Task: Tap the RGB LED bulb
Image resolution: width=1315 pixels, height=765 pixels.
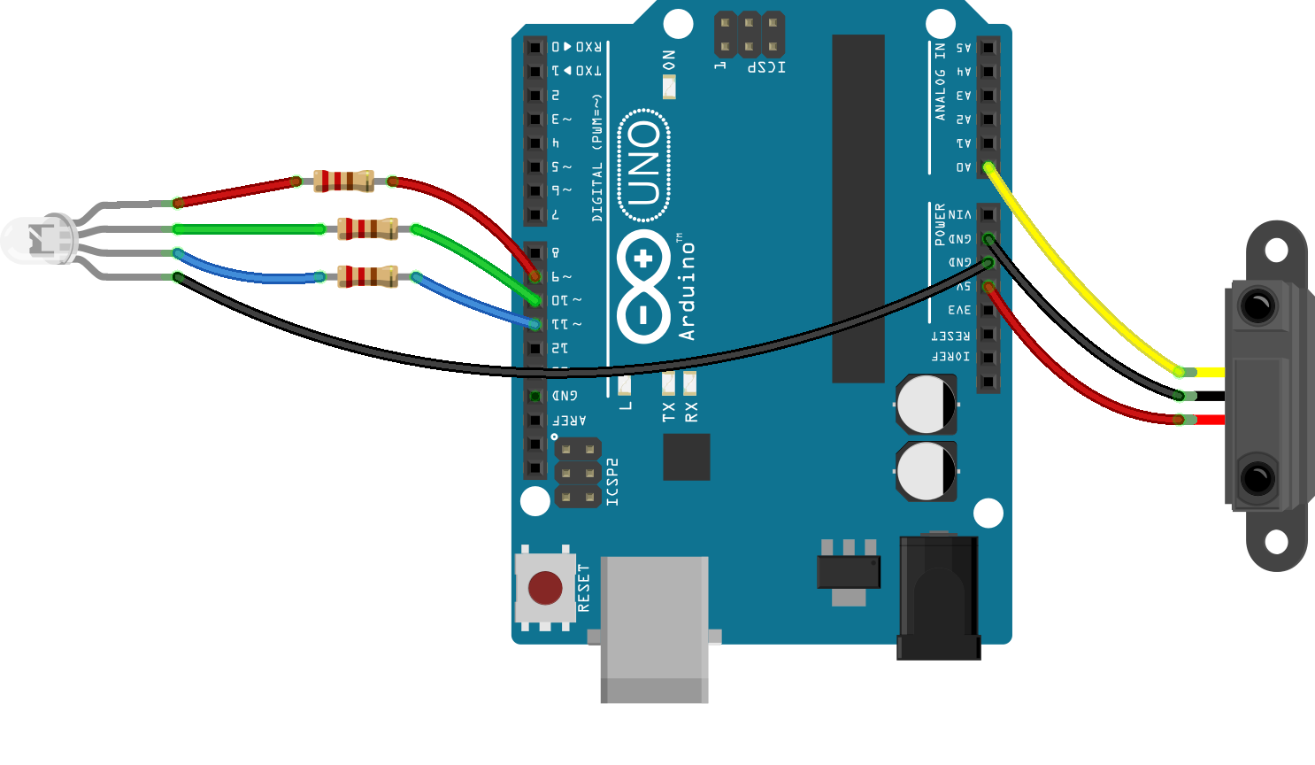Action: pyautogui.click(x=37, y=239)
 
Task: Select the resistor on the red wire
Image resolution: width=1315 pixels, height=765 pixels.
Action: pyautogui.click(x=343, y=182)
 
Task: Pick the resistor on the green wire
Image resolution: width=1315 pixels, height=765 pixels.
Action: pyautogui.click(x=367, y=229)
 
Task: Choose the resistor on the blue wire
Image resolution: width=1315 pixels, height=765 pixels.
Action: pyautogui.click(x=367, y=276)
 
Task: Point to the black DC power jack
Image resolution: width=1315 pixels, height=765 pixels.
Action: pyautogui.click(x=939, y=598)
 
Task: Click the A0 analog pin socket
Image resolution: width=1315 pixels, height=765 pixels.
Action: pyautogui.click(x=988, y=166)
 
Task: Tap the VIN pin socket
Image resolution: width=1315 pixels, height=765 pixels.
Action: pyautogui.click(x=988, y=214)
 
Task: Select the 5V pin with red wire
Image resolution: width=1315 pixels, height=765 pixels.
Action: pyautogui.click(x=988, y=286)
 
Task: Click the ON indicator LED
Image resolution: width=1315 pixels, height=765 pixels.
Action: pyautogui.click(x=669, y=87)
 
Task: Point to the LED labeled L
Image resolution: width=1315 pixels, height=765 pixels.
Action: pyautogui.click(x=625, y=384)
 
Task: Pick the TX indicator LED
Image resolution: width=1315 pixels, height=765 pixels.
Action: pyautogui.click(x=668, y=383)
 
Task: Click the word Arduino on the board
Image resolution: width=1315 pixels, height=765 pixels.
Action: pyautogui.click(x=687, y=291)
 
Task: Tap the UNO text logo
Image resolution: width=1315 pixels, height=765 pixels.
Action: pyautogui.click(x=644, y=164)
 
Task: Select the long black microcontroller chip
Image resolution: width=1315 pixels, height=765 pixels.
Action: pyautogui.click(x=857, y=208)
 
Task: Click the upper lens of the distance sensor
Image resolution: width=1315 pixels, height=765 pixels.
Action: pyautogui.click(x=1257, y=306)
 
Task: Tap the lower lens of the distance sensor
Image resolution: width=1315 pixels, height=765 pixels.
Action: pyautogui.click(x=1257, y=478)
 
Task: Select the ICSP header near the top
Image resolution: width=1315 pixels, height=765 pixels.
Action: pyautogui.click(x=749, y=35)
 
